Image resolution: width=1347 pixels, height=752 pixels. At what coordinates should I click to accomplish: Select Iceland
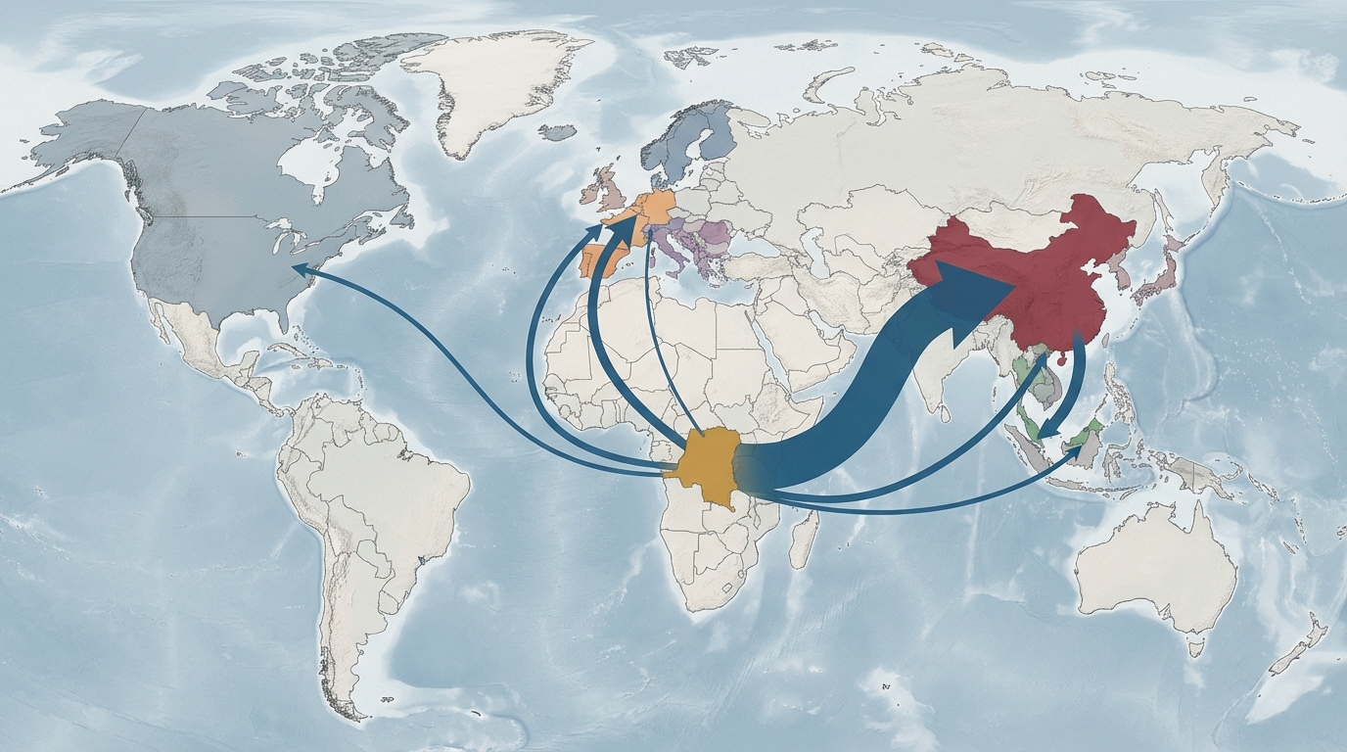point(558,133)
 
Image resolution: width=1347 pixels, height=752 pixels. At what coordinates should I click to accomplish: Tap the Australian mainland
point(1155,568)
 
